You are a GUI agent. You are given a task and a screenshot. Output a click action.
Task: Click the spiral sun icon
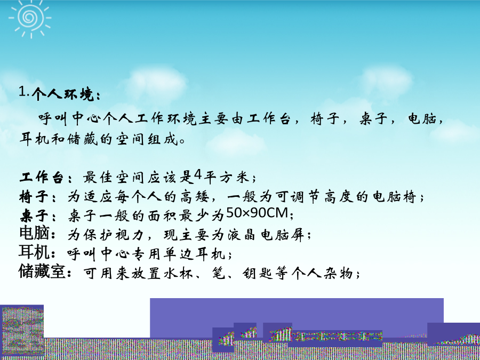[30, 18]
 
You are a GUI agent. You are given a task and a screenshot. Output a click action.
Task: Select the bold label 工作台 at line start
[41, 178]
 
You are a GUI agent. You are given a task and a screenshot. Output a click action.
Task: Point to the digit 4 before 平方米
[198, 175]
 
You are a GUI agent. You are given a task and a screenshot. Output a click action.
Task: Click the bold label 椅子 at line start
[34, 196]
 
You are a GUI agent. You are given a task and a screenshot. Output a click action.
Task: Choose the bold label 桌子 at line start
[34, 216]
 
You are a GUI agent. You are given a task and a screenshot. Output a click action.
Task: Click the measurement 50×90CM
[257, 213]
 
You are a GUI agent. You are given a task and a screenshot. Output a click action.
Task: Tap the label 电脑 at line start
[34, 233]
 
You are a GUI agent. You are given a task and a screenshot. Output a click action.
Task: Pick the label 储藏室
[42, 271]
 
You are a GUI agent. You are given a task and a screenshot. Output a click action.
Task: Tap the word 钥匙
[258, 274]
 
